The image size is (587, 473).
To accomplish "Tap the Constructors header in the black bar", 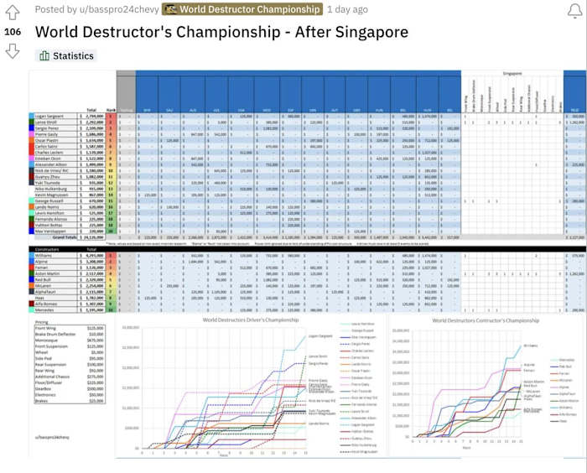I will click(49, 249).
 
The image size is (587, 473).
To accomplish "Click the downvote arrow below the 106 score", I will click(12, 51).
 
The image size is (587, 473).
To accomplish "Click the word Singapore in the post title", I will click(364, 32).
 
